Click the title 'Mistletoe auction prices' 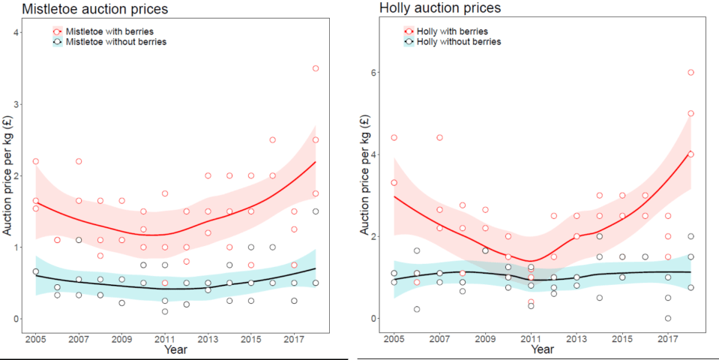tap(94, 10)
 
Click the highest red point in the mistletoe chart tap(316, 68)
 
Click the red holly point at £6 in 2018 tap(691, 73)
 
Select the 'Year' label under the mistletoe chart tap(176, 349)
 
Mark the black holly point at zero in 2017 tap(668, 319)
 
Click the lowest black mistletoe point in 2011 tap(165, 311)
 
